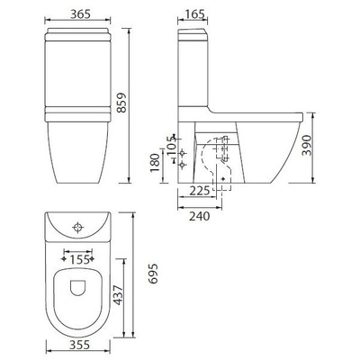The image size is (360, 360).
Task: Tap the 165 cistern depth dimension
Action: pos(191,15)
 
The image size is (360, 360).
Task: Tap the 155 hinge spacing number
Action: pos(79,258)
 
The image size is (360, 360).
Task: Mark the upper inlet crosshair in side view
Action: pos(183,152)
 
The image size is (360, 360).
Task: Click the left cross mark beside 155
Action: pos(62,258)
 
